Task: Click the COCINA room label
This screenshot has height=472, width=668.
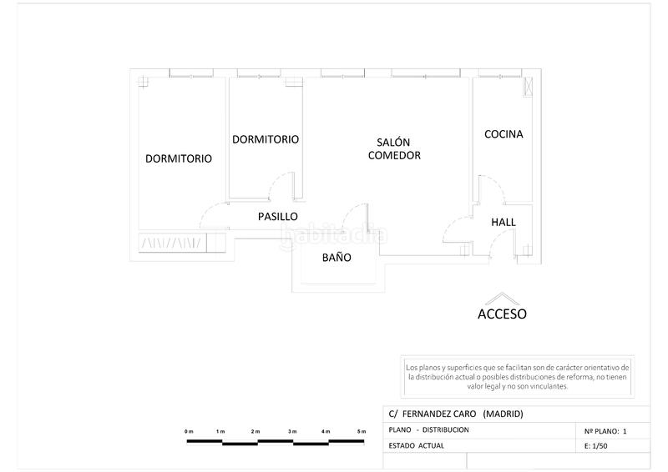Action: coord(504,134)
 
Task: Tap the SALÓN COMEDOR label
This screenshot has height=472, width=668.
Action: coord(394,148)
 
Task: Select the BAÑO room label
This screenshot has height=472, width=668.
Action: coord(337,257)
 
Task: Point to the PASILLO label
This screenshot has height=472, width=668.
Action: coord(278,216)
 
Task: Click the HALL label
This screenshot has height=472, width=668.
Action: coord(504,222)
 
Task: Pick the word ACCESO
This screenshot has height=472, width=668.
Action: coord(502,314)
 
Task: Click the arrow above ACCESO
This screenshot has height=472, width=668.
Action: coord(503,299)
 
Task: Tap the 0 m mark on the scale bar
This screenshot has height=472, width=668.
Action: coord(189,431)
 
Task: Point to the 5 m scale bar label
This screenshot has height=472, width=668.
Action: coord(362,431)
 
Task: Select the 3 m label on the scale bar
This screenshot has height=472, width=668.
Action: coord(291,431)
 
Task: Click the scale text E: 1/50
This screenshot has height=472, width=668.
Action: coord(596,445)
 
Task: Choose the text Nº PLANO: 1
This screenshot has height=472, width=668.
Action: coord(605,431)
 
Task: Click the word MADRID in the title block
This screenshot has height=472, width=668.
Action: coord(504,414)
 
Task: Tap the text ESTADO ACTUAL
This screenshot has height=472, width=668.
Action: coord(416,445)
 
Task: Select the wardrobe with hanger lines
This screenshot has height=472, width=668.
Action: coord(181,242)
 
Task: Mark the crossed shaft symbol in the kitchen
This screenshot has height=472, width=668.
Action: coord(528,87)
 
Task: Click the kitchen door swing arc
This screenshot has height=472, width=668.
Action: coord(494,183)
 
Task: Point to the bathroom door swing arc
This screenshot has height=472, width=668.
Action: coord(352,212)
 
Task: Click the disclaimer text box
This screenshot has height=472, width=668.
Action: coord(517,377)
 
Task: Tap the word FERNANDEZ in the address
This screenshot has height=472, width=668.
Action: coord(439,414)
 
